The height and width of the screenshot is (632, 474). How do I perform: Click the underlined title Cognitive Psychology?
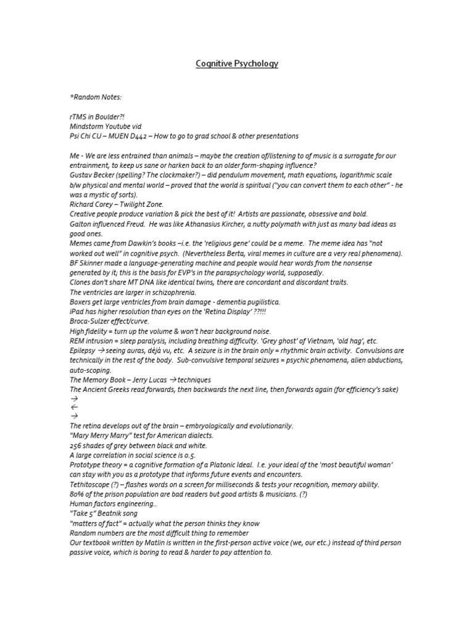237,64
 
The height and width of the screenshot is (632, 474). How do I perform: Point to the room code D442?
142,136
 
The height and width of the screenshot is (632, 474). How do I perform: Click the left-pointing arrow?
75,407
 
